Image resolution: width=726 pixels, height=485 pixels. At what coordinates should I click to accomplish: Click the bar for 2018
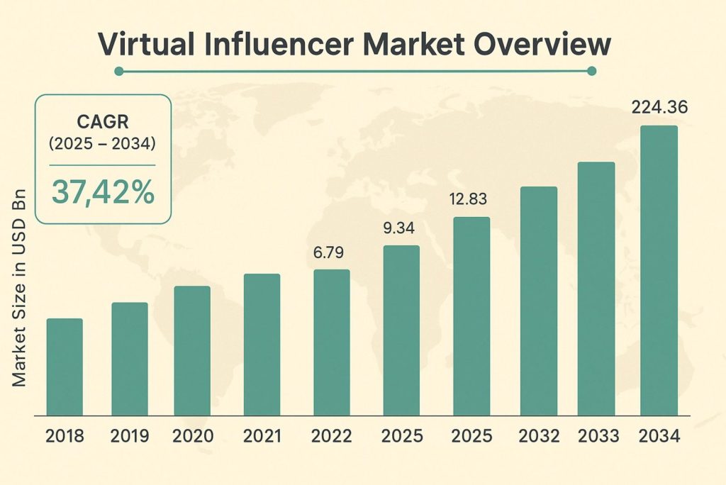65,367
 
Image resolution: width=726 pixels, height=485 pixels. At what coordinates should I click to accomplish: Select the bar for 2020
192,350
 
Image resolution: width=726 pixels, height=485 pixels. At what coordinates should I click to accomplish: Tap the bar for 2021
262,344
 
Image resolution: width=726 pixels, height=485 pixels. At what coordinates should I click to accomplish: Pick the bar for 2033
596,289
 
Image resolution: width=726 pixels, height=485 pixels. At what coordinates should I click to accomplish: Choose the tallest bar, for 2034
659,270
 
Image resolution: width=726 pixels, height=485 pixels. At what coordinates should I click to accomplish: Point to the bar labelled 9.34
401,330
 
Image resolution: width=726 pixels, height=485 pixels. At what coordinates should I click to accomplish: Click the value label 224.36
659,108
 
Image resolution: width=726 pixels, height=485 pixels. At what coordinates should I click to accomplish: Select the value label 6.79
331,253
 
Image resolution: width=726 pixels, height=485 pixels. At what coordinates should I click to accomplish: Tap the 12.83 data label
471,201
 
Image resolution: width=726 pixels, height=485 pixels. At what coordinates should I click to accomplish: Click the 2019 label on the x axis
129,436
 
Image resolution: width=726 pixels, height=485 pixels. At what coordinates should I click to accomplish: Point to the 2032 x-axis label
539,436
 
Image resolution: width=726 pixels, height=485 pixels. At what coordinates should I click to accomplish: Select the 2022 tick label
332,436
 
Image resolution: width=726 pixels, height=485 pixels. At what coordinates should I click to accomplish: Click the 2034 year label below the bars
660,436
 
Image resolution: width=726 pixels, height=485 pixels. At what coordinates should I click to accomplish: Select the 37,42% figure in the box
104,192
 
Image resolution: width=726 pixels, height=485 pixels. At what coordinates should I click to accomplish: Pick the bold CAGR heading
104,121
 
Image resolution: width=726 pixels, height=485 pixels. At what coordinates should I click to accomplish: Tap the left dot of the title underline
118,71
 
